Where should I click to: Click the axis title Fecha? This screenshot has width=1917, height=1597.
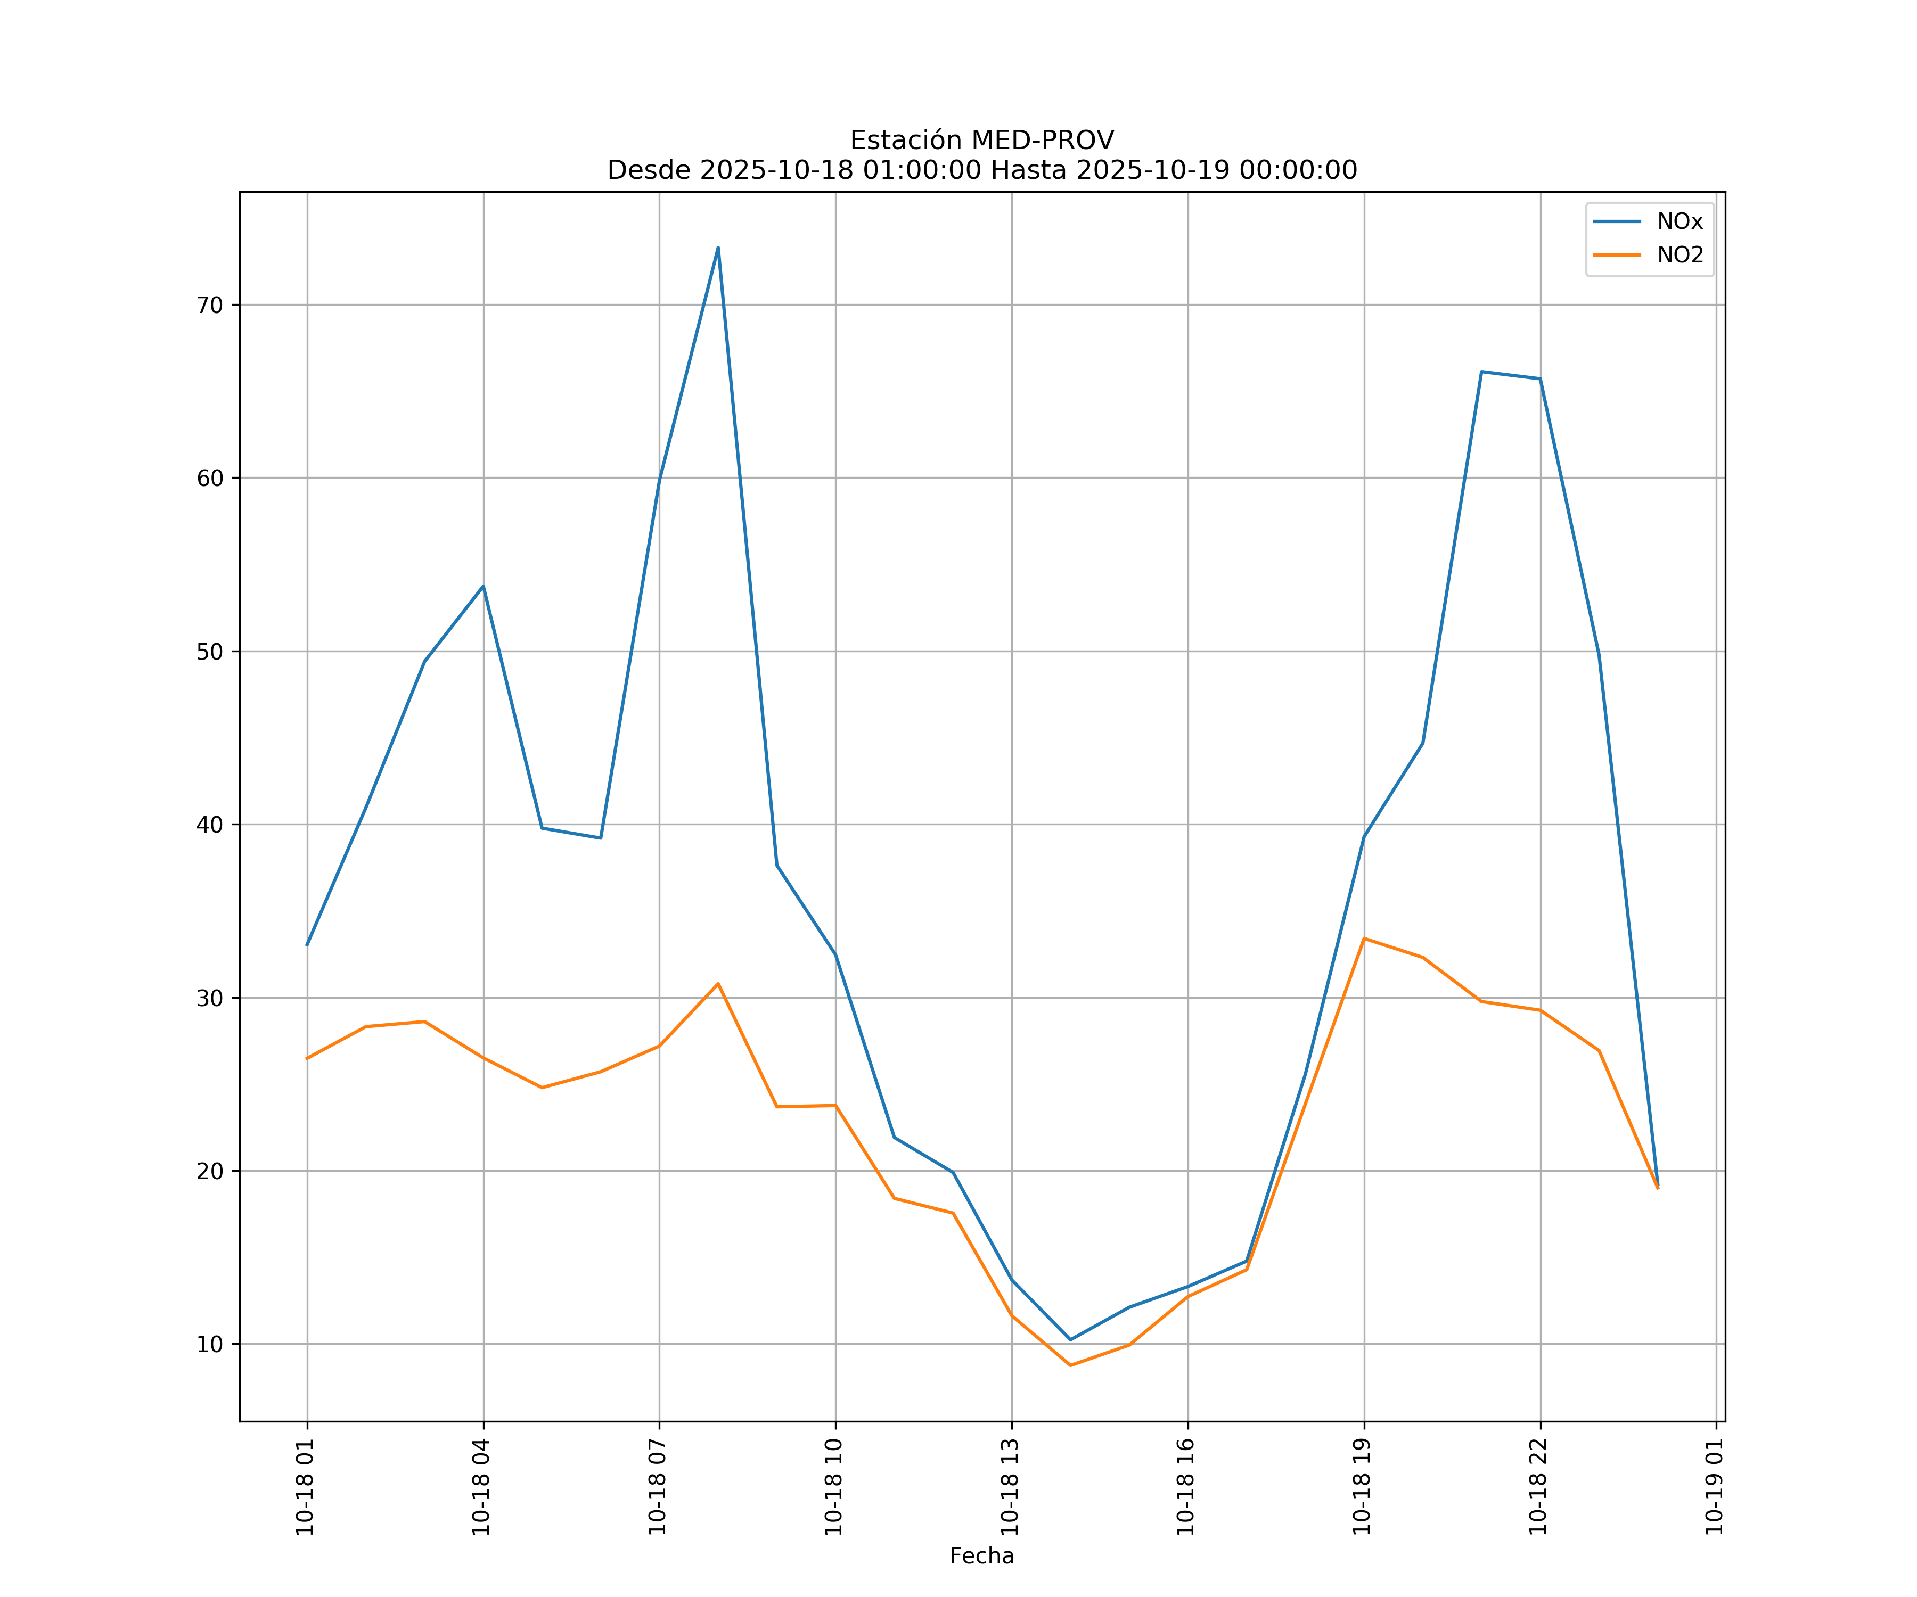tap(981, 1556)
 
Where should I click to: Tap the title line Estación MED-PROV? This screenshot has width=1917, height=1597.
tap(981, 141)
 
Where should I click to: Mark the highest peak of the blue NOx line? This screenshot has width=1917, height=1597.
tap(718, 248)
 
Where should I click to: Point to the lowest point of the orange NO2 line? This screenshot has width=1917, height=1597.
tap(1070, 1365)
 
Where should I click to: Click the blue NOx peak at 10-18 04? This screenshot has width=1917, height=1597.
tap(483, 586)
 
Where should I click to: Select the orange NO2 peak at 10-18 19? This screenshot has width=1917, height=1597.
tap(1364, 938)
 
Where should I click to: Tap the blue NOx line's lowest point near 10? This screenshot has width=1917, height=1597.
tap(1070, 1340)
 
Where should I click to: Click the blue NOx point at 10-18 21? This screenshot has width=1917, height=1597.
tap(1481, 372)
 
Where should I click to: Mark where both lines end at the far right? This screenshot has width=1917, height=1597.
tap(1658, 1187)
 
